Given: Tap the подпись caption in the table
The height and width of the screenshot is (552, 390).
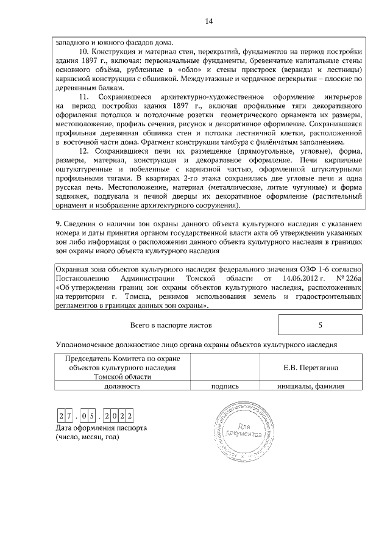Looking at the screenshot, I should [224, 385].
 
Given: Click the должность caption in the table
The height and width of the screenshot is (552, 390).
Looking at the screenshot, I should [122, 385].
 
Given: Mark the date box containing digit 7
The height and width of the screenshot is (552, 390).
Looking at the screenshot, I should [69, 416].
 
